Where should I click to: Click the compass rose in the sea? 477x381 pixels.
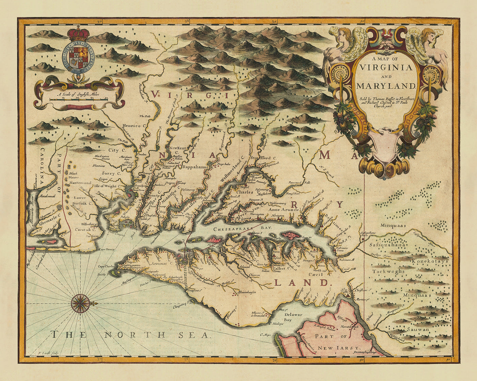click(x=81, y=303)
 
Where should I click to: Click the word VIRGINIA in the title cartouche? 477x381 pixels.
click(x=385, y=67)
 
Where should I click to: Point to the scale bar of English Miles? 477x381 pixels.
click(x=79, y=99)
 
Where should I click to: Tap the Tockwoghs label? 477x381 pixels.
click(x=388, y=271)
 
